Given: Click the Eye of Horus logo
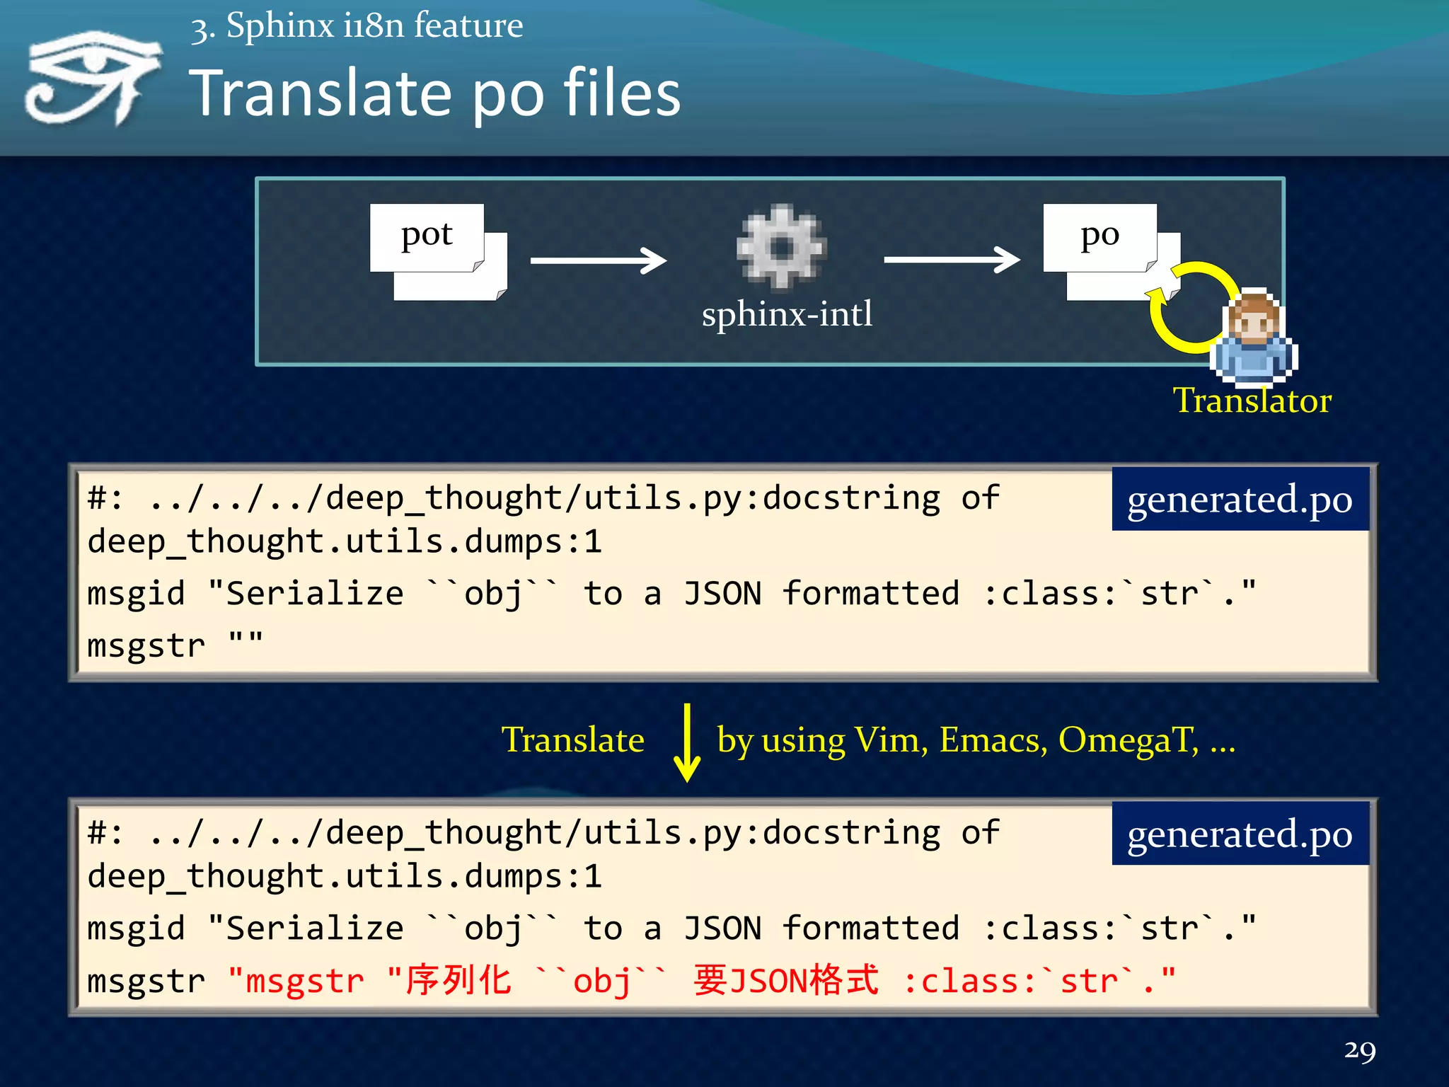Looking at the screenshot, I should (92, 78).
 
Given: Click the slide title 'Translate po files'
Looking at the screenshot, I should (434, 93).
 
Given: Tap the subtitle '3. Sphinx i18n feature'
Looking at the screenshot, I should (357, 27).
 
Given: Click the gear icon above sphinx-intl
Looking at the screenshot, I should (781, 247).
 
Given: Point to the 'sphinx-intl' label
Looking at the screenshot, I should (787, 314).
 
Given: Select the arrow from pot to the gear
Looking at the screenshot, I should (598, 260).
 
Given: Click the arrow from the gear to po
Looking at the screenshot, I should (952, 260).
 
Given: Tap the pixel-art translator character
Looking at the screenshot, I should (1254, 337).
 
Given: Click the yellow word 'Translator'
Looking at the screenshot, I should (1252, 401).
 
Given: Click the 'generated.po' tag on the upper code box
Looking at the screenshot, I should (1240, 500).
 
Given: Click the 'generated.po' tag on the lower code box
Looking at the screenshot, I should (1240, 834).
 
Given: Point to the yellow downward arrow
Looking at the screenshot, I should (686, 742).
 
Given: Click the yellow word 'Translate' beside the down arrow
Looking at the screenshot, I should (572, 740).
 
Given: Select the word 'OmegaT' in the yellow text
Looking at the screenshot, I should (1128, 740).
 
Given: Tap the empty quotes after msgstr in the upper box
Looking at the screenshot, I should (246, 643).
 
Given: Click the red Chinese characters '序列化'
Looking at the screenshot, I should (458, 981).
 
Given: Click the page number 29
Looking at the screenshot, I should (1359, 1050).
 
